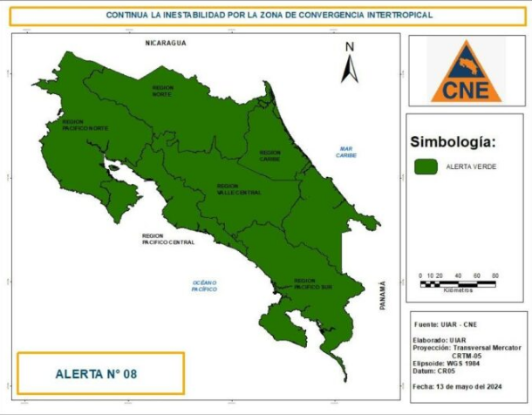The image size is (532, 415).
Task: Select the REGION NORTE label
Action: [x=163, y=90]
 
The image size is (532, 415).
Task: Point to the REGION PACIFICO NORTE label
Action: [x=85, y=126]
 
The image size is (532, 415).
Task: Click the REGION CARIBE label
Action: [x=269, y=156]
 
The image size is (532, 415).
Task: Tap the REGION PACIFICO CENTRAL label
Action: [x=168, y=238]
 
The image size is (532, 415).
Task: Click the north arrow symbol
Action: [x=349, y=65]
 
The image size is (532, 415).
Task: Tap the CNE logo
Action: [x=466, y=70]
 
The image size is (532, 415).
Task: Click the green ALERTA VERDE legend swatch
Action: [x=426, y=166]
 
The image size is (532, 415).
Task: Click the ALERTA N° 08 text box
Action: [x=100, y=373]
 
